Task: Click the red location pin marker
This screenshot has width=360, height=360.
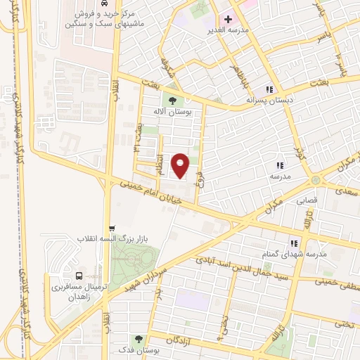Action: tap(181, 166)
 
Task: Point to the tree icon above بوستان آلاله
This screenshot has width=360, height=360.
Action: tap(173, 101)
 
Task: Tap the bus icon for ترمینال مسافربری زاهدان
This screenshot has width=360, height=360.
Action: tap(78, 275)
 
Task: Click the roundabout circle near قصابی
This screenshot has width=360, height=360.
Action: tap(316, 181)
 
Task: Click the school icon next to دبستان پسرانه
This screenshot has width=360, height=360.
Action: tap(269, 89)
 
